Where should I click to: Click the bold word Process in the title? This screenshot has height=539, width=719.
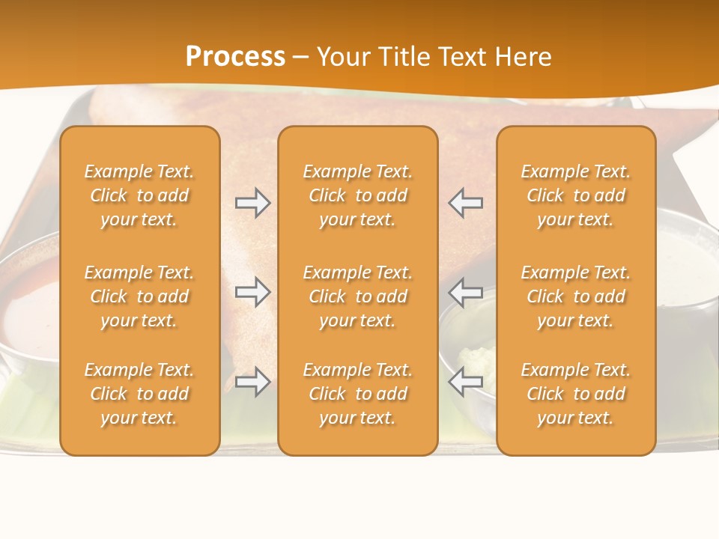pyautogui.click(x=235, y=56)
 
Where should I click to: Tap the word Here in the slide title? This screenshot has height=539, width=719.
pyautogui.click(x=521, y=56)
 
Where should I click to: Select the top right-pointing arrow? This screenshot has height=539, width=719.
pyautogui.click(x=253, y=203)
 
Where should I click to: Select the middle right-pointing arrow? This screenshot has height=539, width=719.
pyautogui.click(x=253, y=292)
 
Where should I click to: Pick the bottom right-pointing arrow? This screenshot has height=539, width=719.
pyautogui.click(x=253, y=382)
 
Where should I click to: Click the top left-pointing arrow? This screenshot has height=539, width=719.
pyautogui.click(x=465, y=203)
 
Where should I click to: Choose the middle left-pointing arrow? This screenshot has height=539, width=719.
pyautogui.click(x=465, y=292)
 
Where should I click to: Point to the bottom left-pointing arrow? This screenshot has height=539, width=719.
pyautogui.click(x=465, y=382)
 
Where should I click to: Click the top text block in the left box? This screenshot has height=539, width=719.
pyautogui.click(x=139, y=195)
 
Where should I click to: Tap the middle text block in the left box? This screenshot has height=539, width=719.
pyautogui.click(x=139, y=296)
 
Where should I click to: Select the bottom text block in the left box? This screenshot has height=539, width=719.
pyautogui.click(x=139, y=394)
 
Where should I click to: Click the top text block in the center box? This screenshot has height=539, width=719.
pyautogui.click(x=357, y=195)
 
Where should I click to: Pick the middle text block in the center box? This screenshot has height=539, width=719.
pyautogui.click(x=357, y=296)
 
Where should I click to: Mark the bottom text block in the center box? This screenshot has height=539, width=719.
pyautogui.click(x=357, y=394)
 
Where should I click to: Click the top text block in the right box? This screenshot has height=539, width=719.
pyautogui.click(x=576, y=195)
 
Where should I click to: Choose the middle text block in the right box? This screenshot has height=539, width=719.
pyautogui.click(x=576, y=296)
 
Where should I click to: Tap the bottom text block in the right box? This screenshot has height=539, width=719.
pyautogui.click(x=576, y=394)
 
